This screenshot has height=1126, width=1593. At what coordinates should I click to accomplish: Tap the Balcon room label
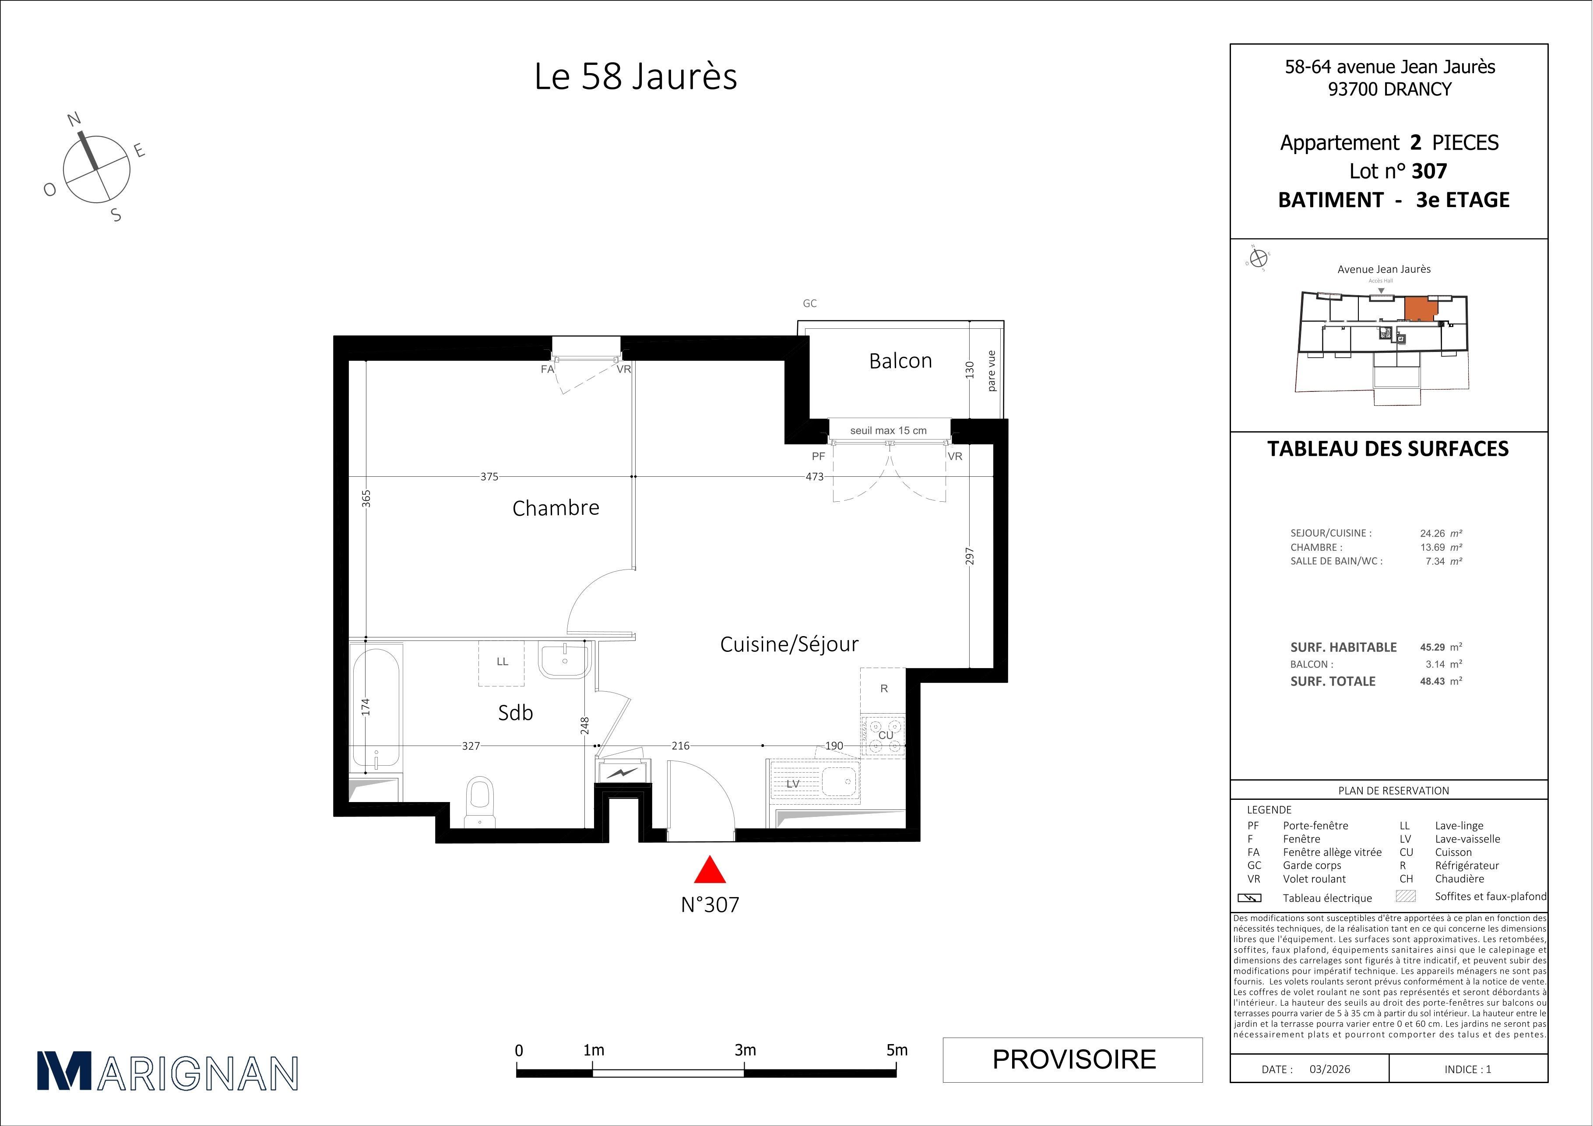pos(900,361)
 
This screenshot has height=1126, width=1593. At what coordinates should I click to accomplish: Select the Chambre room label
pos(556,508)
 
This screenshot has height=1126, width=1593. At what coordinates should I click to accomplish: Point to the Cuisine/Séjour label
pos(789,644)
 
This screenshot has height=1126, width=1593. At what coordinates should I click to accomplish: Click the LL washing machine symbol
pos(502,662)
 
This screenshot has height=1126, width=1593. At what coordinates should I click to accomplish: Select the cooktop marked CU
pos(883,736)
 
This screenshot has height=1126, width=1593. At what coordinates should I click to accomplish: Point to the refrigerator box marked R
pos(883,690)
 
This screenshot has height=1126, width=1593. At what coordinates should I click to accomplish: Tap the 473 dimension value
pos(815,477)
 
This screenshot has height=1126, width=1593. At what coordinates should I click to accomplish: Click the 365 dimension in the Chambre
pos(366,498)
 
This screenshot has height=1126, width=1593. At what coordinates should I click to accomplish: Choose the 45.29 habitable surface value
pos(1432,647)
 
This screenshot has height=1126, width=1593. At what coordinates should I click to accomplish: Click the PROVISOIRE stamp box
pos(1073,1059)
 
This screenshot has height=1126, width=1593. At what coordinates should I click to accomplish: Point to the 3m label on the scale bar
pos(745,1050)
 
